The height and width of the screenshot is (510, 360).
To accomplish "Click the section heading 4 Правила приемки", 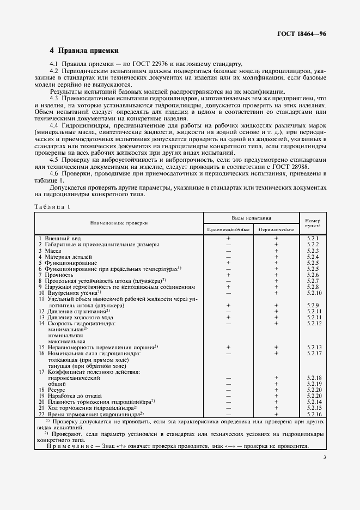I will point(84,51).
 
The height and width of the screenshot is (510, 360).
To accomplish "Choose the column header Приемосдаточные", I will point(229,230).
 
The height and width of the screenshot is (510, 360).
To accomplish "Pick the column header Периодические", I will point(276,230).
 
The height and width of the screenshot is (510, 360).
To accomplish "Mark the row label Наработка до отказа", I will point(71,396).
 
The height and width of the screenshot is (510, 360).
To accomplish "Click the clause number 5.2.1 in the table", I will point(313,239).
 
